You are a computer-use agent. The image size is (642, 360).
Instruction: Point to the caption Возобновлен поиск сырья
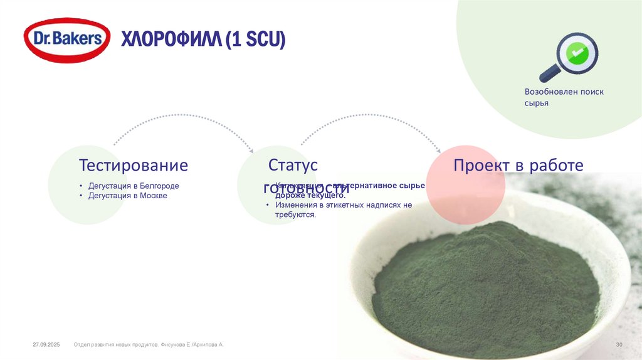tap(564, 97)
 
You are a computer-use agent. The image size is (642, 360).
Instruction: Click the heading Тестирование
tap(133, 166)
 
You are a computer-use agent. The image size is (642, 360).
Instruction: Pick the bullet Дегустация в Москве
tap(127, 196)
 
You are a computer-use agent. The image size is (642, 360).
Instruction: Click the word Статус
tap(293, 165)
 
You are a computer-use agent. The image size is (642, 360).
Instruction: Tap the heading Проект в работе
tap(518, 166)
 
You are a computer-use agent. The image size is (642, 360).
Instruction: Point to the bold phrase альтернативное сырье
tap(380, 186)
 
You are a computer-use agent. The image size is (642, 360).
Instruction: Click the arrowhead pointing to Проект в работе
tap(438, 150)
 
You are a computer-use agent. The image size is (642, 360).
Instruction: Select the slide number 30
tap(618, 345)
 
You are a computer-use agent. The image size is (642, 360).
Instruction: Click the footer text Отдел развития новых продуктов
tap(116, 345)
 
